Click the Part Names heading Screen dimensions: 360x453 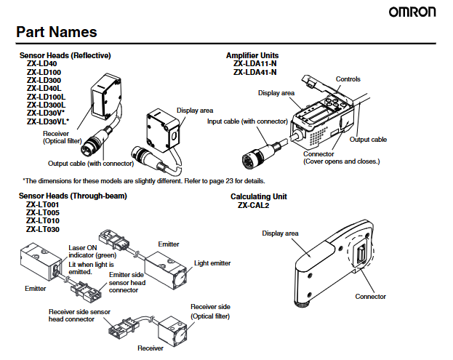(x=57, y=32)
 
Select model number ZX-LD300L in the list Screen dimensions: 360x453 (x=46, y=105)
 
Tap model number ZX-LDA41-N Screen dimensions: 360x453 (x=254, y=72)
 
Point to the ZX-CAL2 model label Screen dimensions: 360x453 (x=254, y=205)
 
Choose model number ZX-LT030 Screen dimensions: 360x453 (x=43, y=229)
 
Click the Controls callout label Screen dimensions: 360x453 (x=348, y=79)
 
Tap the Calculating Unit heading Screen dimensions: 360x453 (x=259, y=196)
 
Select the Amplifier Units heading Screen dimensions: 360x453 (x=252, y=55)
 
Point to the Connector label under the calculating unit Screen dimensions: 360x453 (x=371, y=296)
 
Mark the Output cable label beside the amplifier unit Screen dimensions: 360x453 (x=368, y=139)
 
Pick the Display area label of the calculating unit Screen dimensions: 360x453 (x=281, y=233)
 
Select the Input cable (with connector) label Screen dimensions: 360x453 (x=247, y=121)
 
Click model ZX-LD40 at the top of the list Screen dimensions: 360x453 (x=41, y=64)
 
